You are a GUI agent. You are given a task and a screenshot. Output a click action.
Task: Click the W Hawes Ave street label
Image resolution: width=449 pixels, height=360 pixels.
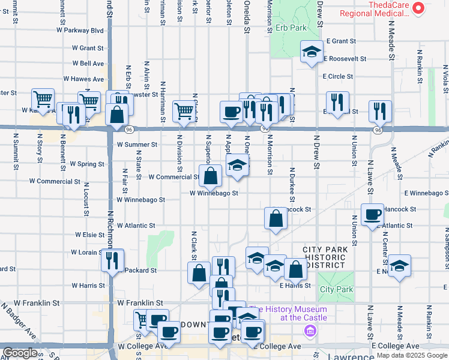pyautogui.click(x=84, y=79)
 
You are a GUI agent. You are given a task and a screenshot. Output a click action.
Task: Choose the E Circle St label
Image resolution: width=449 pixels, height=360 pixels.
pyautogui.click(x=337, y=77)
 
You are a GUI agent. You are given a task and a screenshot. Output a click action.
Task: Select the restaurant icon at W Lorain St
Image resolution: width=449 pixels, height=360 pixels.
pyautogui.click(x=112, y=260)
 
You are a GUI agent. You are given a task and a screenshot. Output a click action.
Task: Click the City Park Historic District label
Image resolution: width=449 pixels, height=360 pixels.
pyautogui.click(x=324, y=257)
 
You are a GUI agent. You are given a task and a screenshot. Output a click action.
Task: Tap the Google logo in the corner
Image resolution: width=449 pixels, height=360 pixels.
pyautogui.click(x=19, y=353)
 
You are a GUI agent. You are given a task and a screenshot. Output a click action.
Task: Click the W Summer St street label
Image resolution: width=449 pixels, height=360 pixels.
pyautogui.click(x=137, y=145)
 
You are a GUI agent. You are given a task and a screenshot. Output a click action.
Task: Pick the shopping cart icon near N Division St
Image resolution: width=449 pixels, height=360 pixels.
pyautogui.click(x=183, y=110)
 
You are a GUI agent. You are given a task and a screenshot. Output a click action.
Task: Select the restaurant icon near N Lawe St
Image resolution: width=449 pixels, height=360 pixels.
pyautogui.click(x=380, y=111)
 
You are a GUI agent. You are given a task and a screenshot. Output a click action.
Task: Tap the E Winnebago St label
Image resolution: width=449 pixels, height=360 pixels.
pyautogui.click(x=426, y=193)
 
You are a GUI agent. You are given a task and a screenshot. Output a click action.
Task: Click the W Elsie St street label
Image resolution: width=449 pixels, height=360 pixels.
pyautogui.click(x=90, y=235)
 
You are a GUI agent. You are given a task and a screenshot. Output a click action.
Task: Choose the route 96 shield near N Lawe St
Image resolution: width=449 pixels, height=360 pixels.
pyautogui.click(x=377, y=130)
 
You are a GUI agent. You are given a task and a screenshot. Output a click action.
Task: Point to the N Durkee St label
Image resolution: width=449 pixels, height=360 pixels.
pyautogui.click(x=292, y=185)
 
